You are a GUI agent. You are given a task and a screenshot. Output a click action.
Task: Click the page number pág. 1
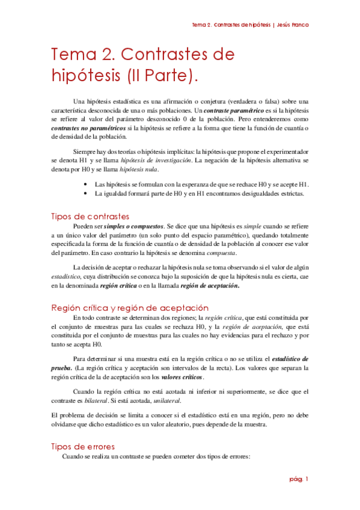[x=298, y=479]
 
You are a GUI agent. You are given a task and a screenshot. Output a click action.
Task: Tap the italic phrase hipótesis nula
[x=140, y=170]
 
